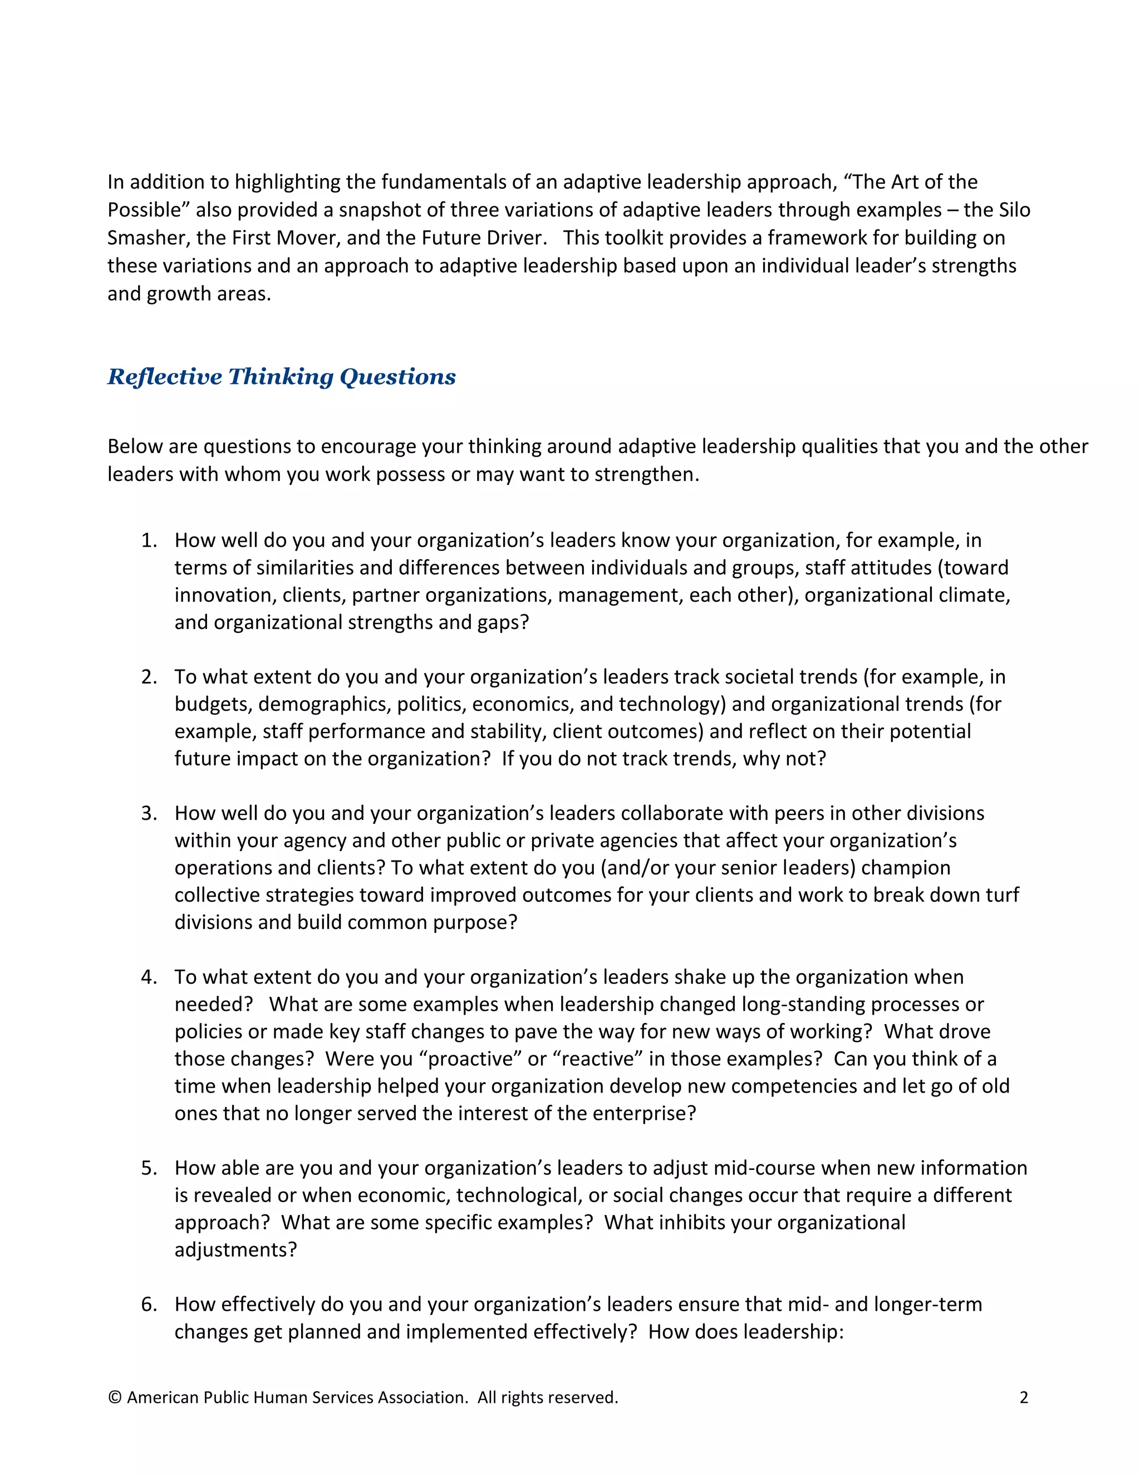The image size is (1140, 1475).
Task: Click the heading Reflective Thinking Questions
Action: coord(282,377)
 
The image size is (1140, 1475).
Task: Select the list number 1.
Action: coord(149,540)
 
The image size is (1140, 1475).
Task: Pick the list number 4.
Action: coord(149,977)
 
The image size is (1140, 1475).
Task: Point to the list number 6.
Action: coord(149,1304)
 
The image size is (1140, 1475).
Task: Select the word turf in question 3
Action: coord(1001,895)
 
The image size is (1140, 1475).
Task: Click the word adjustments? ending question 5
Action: coord(235,1250)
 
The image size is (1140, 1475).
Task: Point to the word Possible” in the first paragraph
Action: coord(149,210)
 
